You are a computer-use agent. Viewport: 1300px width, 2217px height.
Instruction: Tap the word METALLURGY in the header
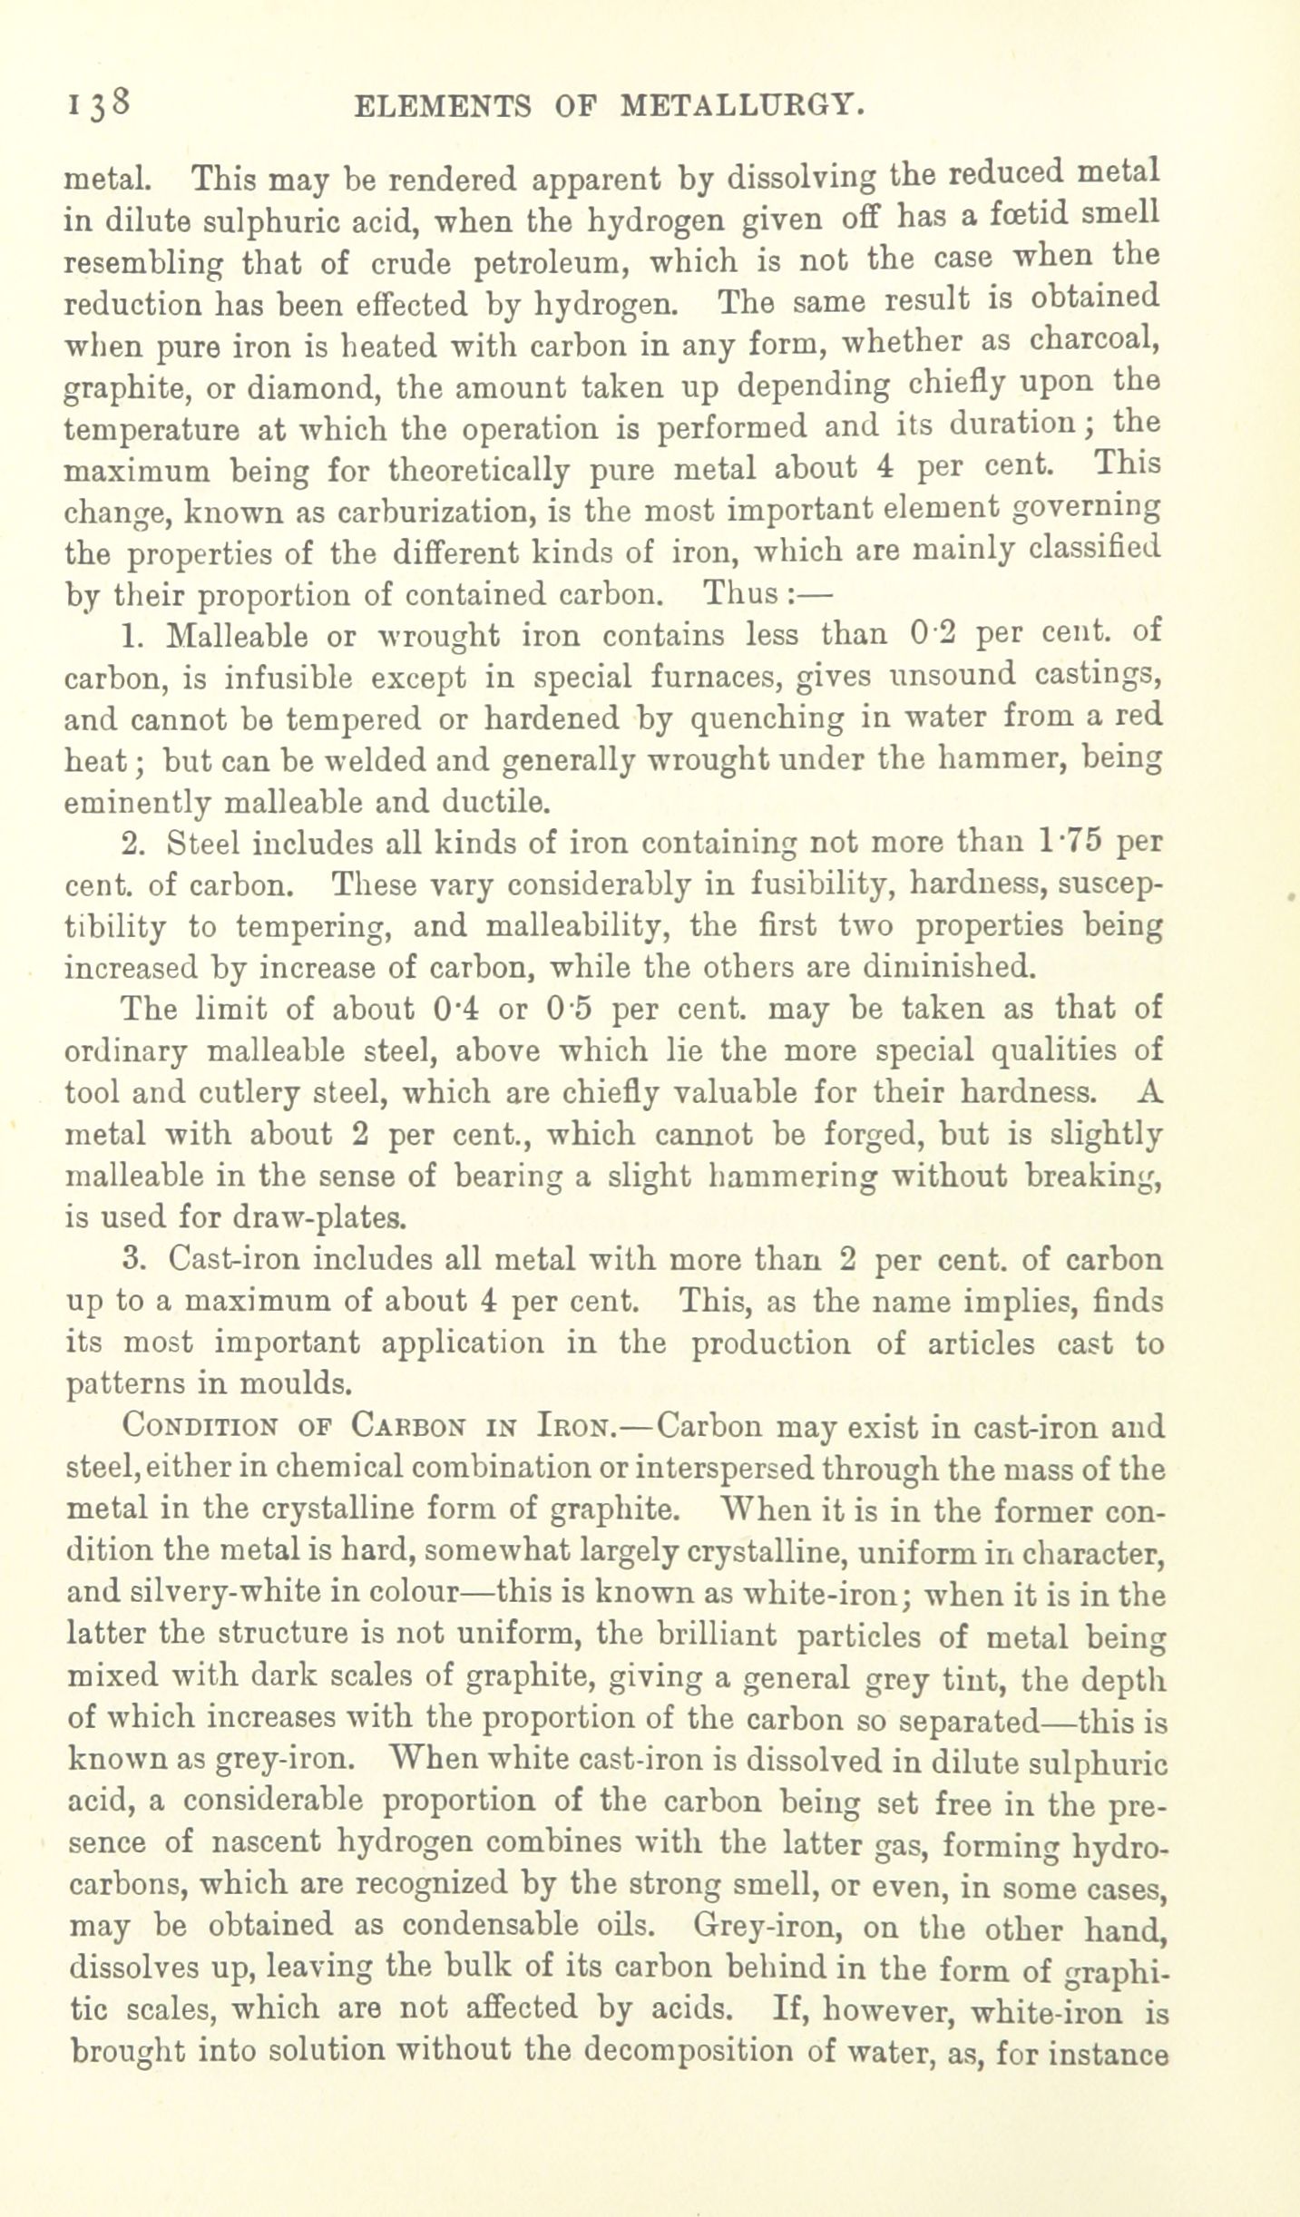coord(740,107)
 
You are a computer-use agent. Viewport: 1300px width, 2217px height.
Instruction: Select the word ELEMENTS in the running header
coord(442,107)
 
